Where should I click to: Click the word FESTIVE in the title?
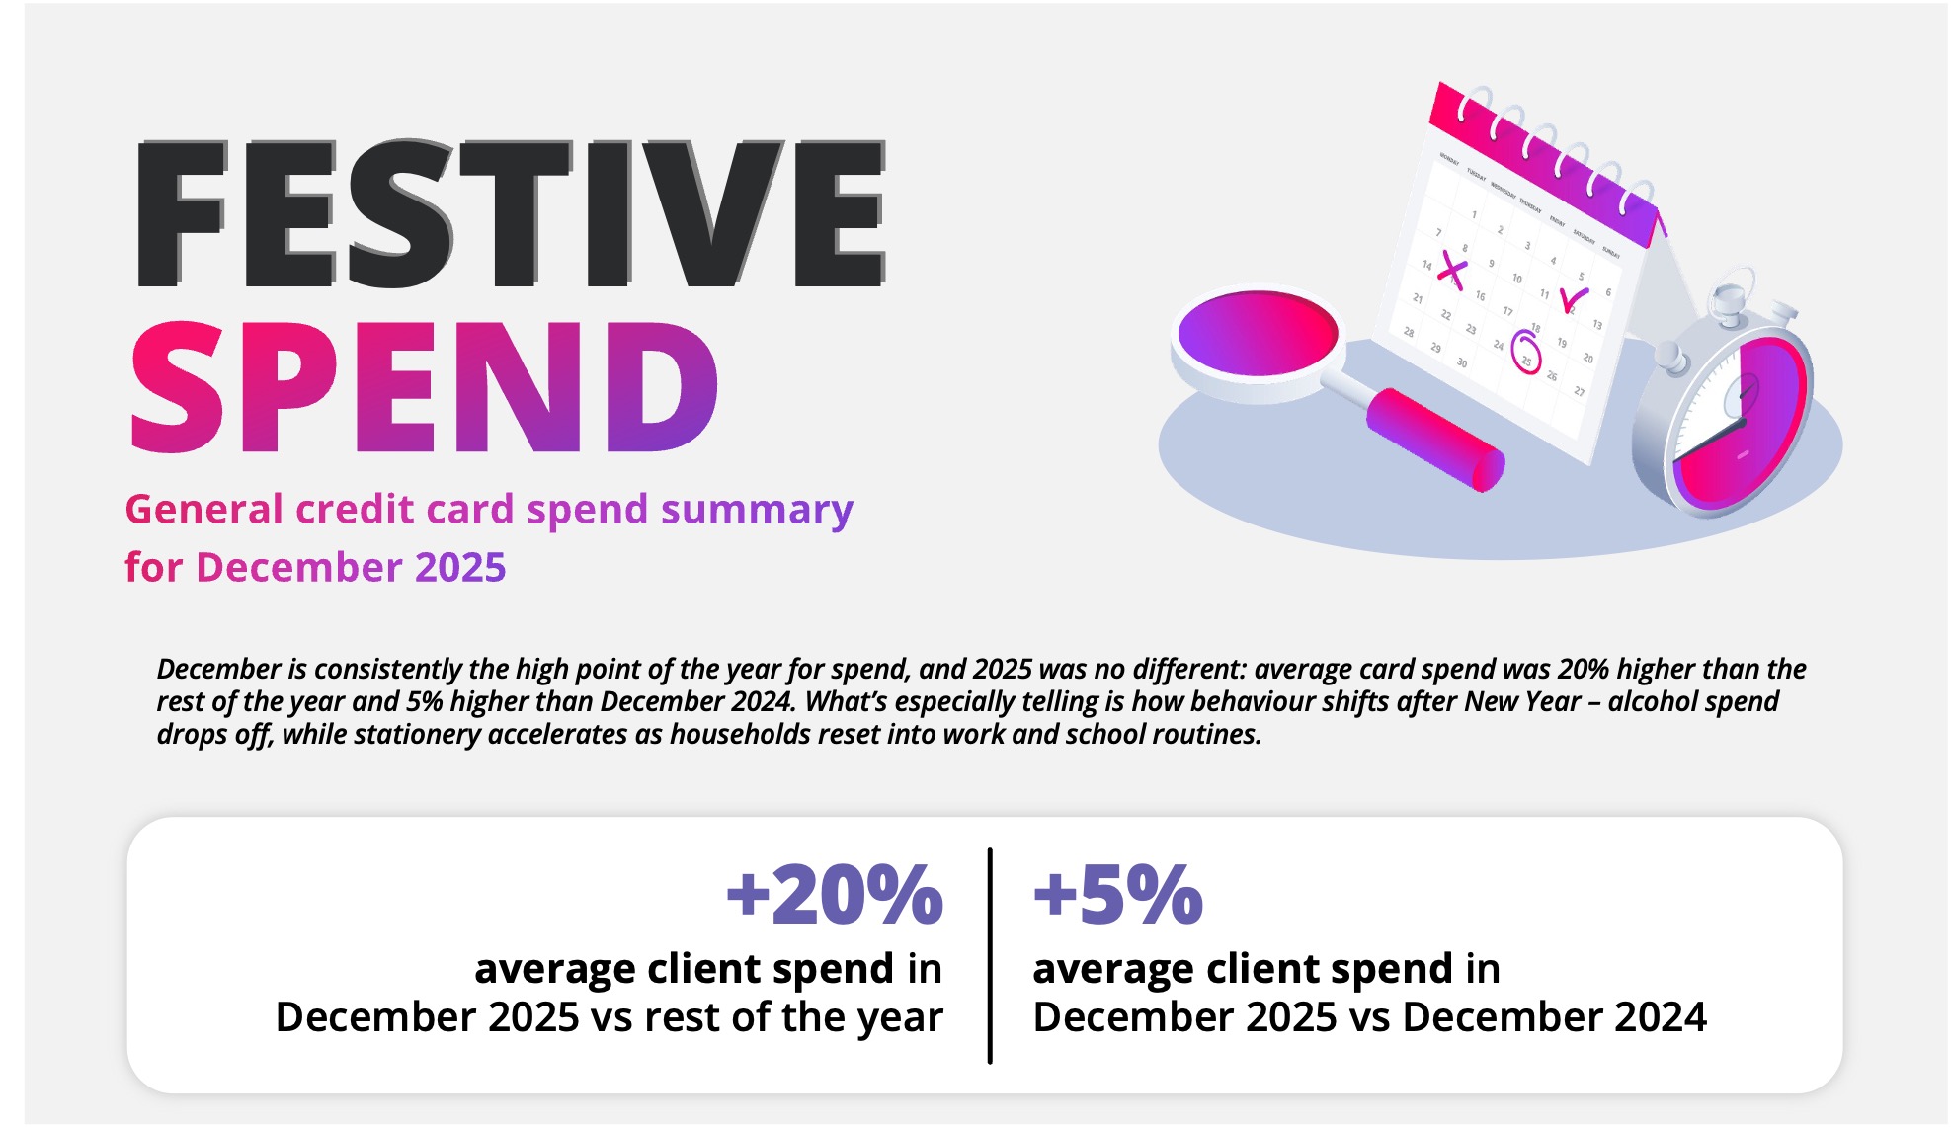tap(510, 213)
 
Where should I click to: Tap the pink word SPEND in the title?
tap(425, 389)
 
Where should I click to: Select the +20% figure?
tap(835, 895)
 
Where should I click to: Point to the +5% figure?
tap(1117, 895)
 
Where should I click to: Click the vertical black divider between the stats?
tap(989, 955)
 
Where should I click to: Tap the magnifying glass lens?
tap(1258, 334)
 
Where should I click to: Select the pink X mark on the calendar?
tap(1450, 269)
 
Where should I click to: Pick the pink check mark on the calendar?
tap(1573, 299)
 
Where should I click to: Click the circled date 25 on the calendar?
tap(1526, 353)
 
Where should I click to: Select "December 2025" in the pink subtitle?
tap(351, 568)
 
